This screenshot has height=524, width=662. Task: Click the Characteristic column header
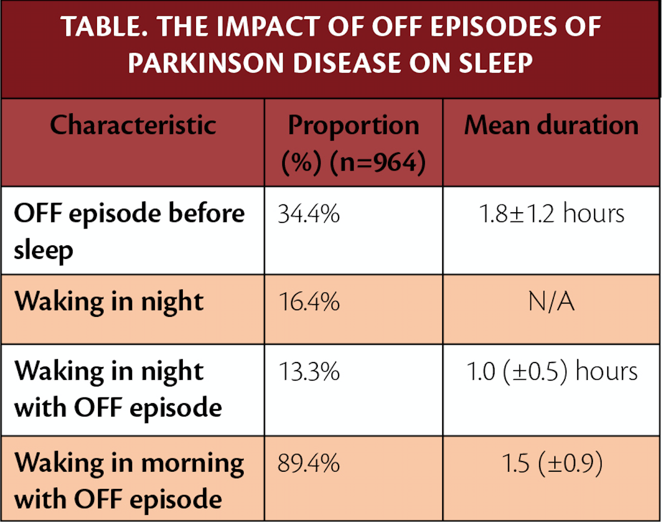pyautogui.click(x=133, y=125)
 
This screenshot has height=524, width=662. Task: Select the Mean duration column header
pyautogui.click(x=551, y=125)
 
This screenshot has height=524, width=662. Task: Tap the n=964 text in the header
pyautogui.click(x=378, y=163)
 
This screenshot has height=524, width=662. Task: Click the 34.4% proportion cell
pyautogui.click(x=309, y=214)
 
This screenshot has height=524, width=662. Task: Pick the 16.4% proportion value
pyautogui.click(x=309, y=302)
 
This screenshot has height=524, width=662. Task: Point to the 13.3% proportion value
pyautogui.click(x=309, y=372)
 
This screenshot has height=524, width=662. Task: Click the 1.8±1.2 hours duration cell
pyautogui.click(x=551, y=214)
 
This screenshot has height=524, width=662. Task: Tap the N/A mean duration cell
pyautogui.click(x=551, y=302)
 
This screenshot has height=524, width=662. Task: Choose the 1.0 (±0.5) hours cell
pyautogui.click(x=551, y=372)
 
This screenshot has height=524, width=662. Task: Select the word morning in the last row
pyautogui.click(x=192, y=464)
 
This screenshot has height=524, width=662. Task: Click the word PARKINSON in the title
pyautogui.click(x=206, y=63)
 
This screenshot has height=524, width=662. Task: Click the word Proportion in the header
pyautogui.click(x=353, y=125)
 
